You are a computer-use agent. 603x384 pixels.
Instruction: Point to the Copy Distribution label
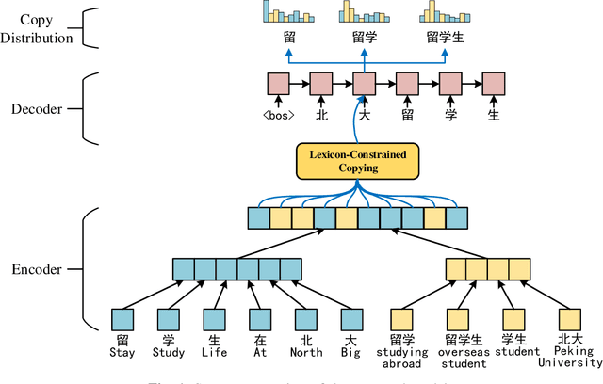coord(38,29)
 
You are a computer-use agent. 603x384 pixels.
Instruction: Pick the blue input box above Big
coord(350,319)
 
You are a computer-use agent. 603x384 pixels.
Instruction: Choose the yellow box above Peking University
coord(568,319)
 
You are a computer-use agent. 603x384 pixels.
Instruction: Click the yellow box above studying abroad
coord(402,319)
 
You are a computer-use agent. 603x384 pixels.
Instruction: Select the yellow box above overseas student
coord(458,319)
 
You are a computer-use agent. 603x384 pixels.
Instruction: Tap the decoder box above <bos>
coord(278,83)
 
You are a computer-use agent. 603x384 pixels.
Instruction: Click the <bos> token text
coord(278,116)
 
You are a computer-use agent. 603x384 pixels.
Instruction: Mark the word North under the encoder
coord(305,353)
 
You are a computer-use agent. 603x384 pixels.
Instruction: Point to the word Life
coord(214,353)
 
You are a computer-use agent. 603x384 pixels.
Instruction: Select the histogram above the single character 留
coord(288,12)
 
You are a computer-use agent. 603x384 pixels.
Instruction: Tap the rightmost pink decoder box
coord(493,83)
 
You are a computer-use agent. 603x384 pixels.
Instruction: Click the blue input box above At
coord(259,319)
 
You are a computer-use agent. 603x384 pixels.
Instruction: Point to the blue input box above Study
coord(169,319)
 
